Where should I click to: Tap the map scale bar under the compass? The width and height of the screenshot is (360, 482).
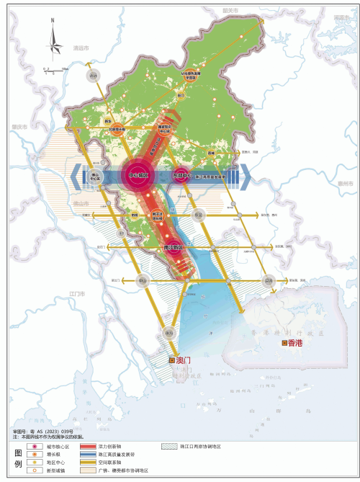[x=53, y=70]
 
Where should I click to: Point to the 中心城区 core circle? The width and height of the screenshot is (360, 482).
[x=138, y=174]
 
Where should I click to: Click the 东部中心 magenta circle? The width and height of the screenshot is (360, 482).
[x=181, y=174]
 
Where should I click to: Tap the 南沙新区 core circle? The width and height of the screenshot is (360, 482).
[x=173, y=246]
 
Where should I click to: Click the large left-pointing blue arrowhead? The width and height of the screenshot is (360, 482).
[x=76, y=174]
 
